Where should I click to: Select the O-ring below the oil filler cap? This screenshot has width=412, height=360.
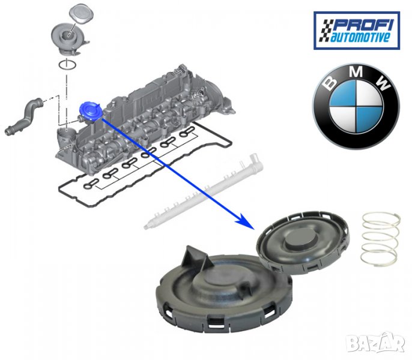(x=68, y=64)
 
